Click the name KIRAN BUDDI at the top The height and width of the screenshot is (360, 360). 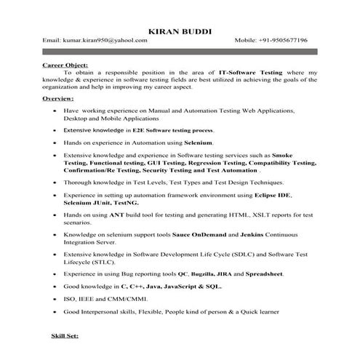pyautogui.click(x=180, y=31)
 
